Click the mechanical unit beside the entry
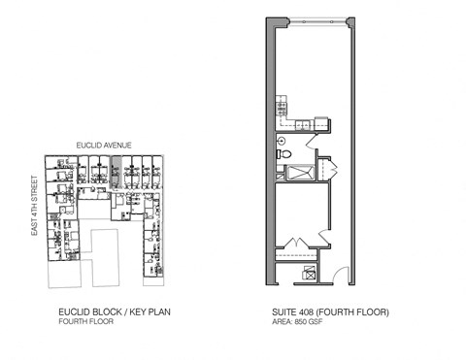309,274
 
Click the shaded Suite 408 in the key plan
116,172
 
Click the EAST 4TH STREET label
34,205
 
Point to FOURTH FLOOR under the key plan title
86,322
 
